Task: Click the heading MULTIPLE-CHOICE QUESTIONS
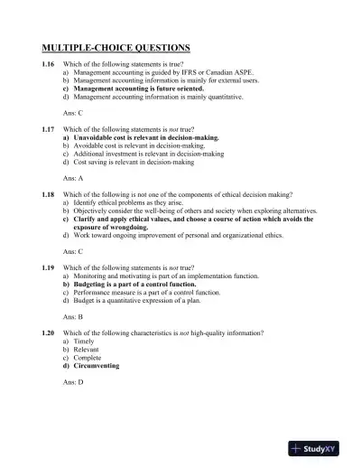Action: tap(116, 47)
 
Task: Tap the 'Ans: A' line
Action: tap(73, 177)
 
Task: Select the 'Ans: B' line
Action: tap(73, 317)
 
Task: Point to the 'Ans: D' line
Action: tap(73, 382)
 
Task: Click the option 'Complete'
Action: tap(86, 358)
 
